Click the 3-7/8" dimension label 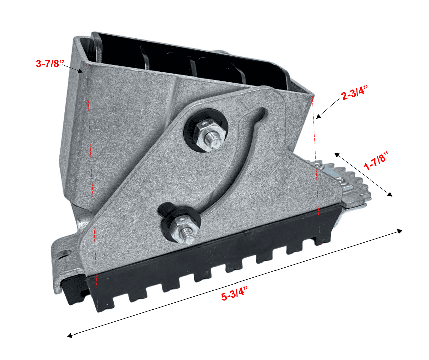click(x=50, y=63)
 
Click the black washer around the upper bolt click(x=206, y=130)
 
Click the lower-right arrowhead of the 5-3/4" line click(x=400, y=231)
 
